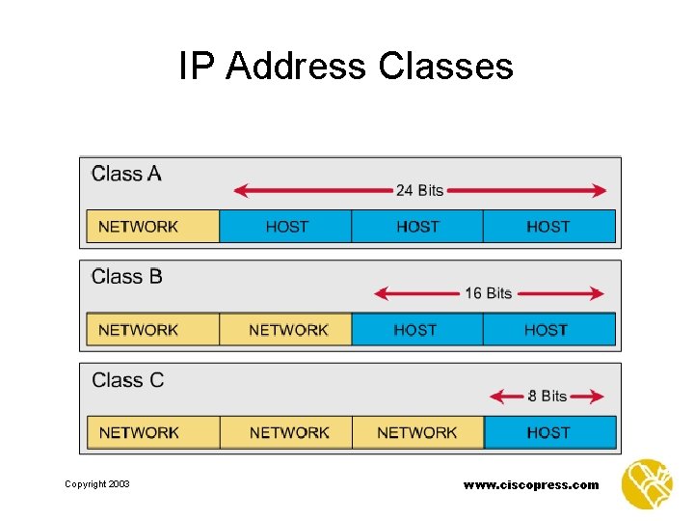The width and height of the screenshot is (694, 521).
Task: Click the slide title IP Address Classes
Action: coord(346,67)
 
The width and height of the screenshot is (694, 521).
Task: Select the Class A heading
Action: coord(126,175)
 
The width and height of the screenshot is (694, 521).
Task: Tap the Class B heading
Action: coord(127,278)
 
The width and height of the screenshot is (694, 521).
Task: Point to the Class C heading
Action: coord(128,380)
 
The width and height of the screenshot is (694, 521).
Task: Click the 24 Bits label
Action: coord(419,190)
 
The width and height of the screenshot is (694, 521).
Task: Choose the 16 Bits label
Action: coord(488,293)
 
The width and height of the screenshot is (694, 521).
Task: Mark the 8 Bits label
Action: coord(547,396)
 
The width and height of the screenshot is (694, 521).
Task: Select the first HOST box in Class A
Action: coord(286,227)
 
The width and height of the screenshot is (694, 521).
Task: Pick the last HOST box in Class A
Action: coord(548,227)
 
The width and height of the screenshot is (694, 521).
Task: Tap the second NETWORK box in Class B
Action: coord(286,330)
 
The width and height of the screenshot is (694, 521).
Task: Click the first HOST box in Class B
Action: coord(416,330)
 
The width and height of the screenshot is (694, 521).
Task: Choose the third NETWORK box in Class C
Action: coord(417,432)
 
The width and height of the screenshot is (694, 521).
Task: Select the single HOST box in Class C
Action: coord(548,432)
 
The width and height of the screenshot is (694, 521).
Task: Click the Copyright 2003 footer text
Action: coord(97,484)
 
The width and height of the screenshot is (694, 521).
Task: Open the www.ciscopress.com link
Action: coord(531,484)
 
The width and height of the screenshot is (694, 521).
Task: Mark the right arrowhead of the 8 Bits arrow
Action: coord(599,396)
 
